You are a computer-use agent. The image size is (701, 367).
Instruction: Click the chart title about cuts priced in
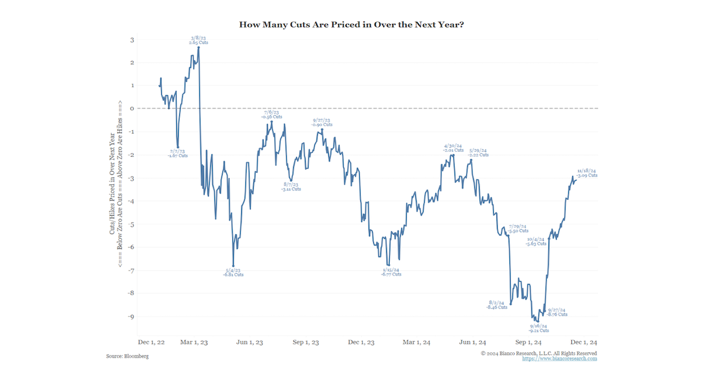click(x=350, y=25)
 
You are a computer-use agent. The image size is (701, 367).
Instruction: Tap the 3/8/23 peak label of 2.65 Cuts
click(x=199, y=40)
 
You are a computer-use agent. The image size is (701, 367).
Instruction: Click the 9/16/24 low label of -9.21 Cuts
click(x=539, y=328)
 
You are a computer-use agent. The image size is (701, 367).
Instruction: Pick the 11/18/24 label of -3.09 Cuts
click(x=587, y=173)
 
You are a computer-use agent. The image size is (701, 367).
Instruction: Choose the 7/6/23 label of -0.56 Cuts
click(x=272, y=114)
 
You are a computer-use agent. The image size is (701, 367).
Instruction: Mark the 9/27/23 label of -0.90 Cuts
click(x=322, y=122)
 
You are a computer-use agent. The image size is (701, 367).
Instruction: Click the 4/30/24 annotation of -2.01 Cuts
click(x=453, y=148)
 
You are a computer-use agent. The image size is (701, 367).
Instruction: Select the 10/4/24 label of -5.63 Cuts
click(x=536, y=241)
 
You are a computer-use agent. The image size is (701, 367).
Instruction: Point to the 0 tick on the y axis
click(x=133, y=109)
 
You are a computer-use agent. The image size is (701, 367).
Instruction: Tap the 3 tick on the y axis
click(x=133, y=40)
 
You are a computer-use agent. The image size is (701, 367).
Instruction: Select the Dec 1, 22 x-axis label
click(x=151, y=342)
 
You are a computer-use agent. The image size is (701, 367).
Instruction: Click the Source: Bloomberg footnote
click(x=127, y=356)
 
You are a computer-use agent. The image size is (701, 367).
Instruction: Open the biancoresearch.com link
click(x=560, y=359)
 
